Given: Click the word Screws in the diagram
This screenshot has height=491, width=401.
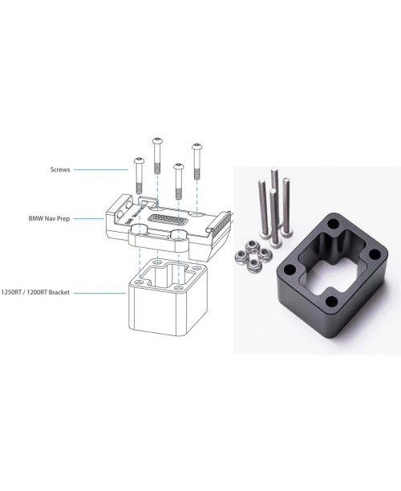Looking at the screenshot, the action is click(x=60, y=169).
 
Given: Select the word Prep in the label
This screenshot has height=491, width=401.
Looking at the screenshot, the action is click(x=63, y=218).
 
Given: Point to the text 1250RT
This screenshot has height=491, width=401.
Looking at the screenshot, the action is click(x=10, y=293).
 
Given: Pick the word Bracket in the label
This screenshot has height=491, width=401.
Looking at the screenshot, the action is click(x=59, y=293).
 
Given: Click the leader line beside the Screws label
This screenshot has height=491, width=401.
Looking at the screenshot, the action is click(x=101, y=170).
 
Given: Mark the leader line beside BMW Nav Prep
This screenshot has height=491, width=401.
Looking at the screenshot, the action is click(x=88, y=218).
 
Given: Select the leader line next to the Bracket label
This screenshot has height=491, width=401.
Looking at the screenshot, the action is click(x=99, y=293).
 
